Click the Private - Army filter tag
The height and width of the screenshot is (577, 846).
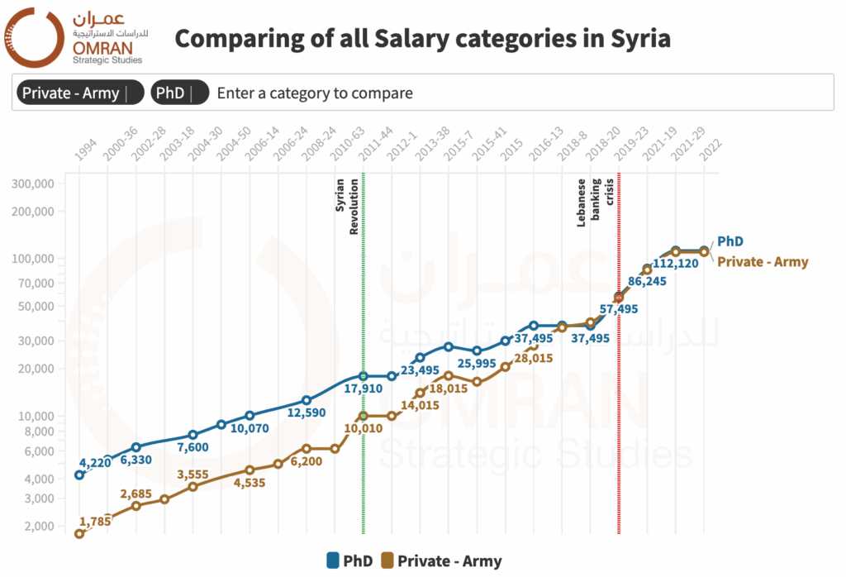(x=70, y=93)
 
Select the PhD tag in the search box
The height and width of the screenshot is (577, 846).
(x=170, y=93)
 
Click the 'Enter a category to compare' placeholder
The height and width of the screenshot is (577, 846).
(x=315, y=93)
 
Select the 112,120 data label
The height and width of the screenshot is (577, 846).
(x=676, y=265)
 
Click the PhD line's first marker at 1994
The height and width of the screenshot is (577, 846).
(x=79, y=474)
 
